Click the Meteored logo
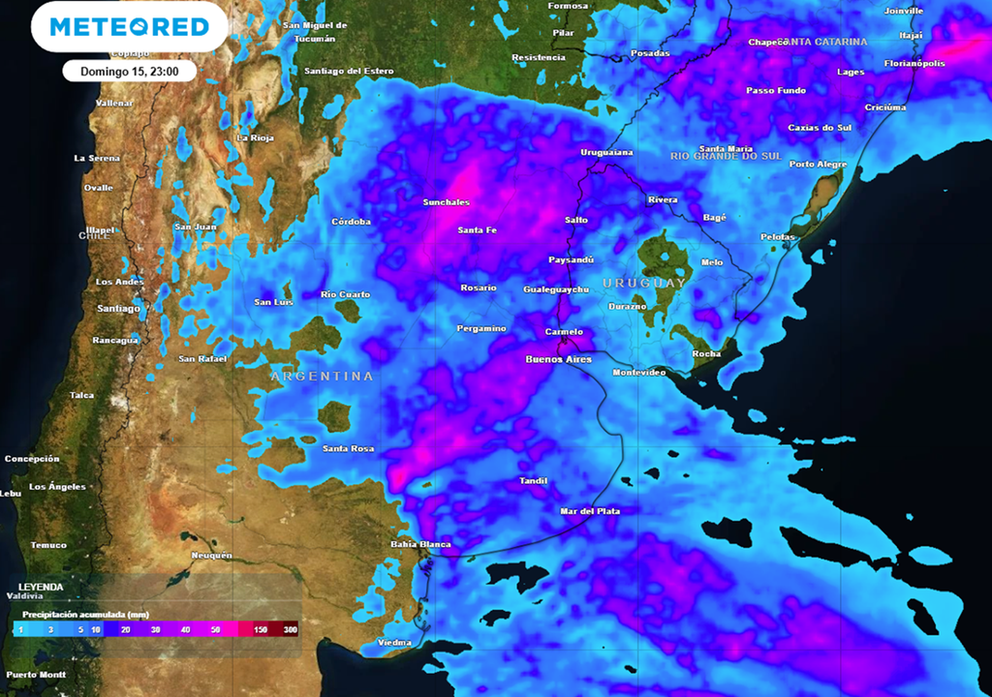pos(129,26)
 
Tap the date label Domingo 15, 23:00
pos(129,71)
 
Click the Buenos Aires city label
pos(557,359)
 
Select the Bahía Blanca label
pos(420,544)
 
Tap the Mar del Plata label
pos(590,510)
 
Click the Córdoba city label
pos(351,222)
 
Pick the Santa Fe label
pos(477,229)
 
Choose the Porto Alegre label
pos(818,164)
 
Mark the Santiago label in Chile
pos(118,308)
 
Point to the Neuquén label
pos(211,555)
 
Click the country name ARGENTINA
pos(322,376)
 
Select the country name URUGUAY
pos(643,283)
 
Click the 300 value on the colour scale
pos(290,629)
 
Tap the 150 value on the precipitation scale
pos(259,629)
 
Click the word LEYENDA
pos(41,587)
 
